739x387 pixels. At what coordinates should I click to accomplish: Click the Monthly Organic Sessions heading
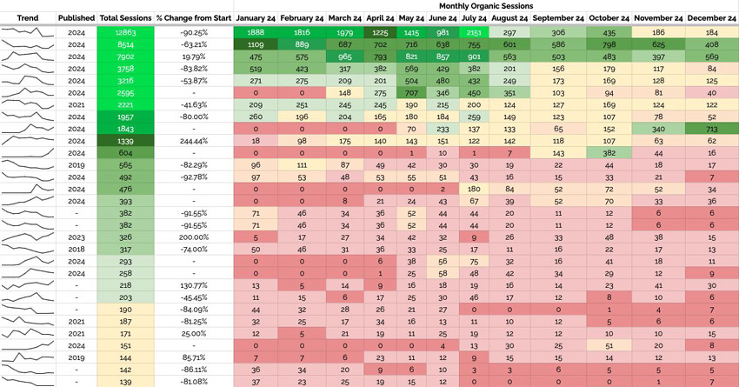[x=487, y=5]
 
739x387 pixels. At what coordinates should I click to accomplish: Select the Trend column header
[x=28, y=17]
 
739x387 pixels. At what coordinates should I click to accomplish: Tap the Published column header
[x=77, y=17]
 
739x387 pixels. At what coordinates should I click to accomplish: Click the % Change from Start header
[x=192, y=17]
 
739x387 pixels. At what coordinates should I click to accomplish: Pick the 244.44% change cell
[x=192, y=139]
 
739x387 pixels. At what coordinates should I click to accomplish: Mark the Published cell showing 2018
[x=77, y=249]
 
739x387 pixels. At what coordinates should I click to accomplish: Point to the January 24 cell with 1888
[x=255, y=31]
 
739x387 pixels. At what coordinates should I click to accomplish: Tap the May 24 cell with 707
[x=411, y=91]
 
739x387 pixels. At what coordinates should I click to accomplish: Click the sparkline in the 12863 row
[x=28, y=32]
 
